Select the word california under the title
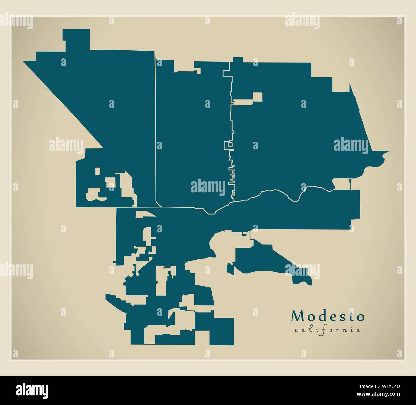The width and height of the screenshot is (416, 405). tap(328, 330)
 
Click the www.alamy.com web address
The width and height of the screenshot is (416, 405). tap(381, 394)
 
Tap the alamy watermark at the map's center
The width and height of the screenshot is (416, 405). tap(208, 187)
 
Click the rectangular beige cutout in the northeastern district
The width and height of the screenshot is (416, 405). tap(257, 97)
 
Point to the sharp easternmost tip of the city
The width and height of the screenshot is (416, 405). tap(388, 151)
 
